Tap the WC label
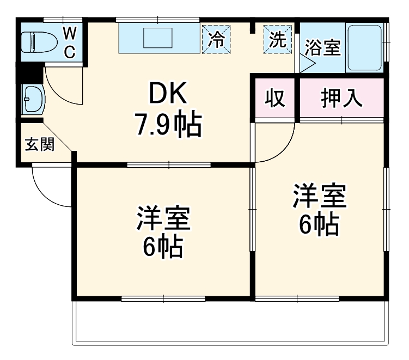click(70, 41)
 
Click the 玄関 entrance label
click(40, 145)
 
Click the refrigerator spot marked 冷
click(217, 40)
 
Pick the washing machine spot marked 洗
click(278, 40)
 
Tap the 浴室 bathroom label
click(322, 47)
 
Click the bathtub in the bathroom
click(365, 47)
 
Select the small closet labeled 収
click(276, 100)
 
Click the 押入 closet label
click(341, 100)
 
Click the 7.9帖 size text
click(168, 125)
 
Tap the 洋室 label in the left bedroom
click(163, 218)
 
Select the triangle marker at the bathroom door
click(308, 65)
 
